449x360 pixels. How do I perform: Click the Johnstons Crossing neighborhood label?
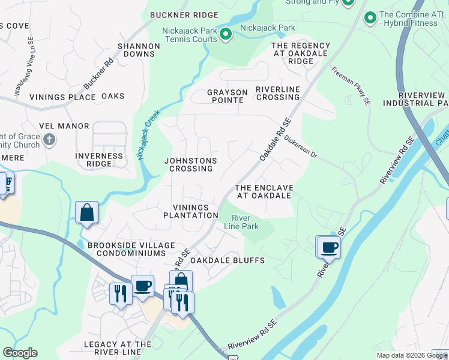tap(190, 164)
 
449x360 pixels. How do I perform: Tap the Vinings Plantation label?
tap(191, 211)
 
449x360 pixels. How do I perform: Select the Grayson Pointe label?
tap(227, 96)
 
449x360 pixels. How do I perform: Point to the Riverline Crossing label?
tap(277, 93)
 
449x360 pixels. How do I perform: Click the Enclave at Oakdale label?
tap(264, 191)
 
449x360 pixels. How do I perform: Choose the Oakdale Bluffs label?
tap(228, 260)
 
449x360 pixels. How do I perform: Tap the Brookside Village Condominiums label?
tap(131, 249)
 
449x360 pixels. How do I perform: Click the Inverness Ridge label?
tap(99, 160)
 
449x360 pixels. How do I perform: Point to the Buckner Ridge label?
tap(179, 14)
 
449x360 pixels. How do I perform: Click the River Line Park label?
tap(245, 223)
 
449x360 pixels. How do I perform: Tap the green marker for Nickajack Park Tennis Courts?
tap(226, 34)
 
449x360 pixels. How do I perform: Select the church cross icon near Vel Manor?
tap(49, 140)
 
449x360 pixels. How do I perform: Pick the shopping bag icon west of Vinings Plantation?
tap(87, 212)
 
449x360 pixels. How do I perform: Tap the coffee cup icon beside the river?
tap(329, 247)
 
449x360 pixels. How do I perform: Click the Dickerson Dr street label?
tap(301, 145)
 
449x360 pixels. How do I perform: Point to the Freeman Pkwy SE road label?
tap(351, 86)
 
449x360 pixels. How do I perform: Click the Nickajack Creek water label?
tap(142, 137)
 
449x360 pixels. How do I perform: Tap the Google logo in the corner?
tap(20, 353)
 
